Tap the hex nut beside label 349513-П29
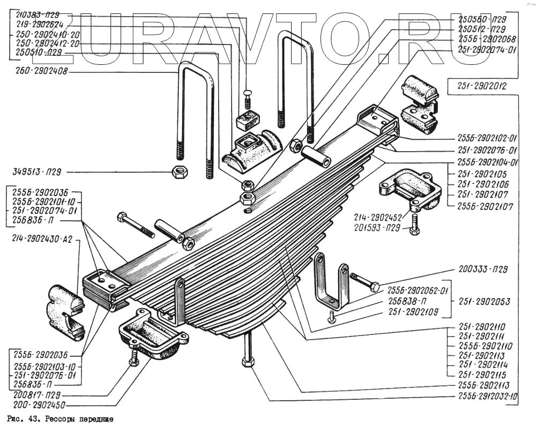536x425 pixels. pos(178,172)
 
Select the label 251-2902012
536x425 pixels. pos(482,86)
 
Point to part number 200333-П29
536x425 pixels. pos(483,270)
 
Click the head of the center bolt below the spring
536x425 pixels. pos(247,362)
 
